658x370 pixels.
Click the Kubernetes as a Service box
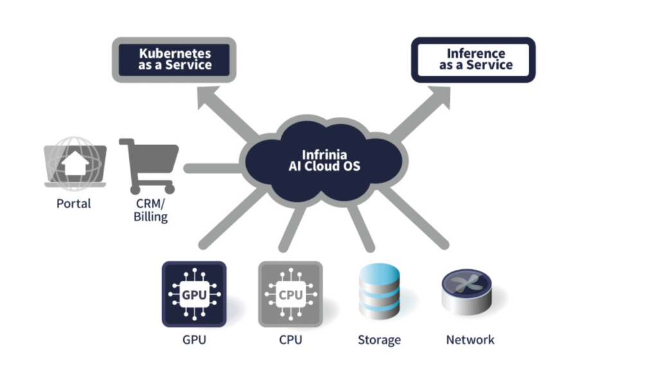click(174, 59)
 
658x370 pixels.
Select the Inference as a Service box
click(473, 60)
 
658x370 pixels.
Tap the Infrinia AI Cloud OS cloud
click(324, 161)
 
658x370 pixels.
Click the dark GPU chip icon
click(194, 294)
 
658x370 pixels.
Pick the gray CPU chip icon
click(290, 294)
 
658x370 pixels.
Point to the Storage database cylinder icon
click(378, 293)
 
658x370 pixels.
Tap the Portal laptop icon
click(75, 163)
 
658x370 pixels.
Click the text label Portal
click(74, 204)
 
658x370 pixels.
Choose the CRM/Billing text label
click(150, 210)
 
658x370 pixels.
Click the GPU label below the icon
click(194, 340)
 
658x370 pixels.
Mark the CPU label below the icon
click(290, 340)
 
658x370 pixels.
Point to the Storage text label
click(379, 340)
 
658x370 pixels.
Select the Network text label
click(470, 340)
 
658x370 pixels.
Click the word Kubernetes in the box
click(175, 53)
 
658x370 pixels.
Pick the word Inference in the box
click(476, 53)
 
